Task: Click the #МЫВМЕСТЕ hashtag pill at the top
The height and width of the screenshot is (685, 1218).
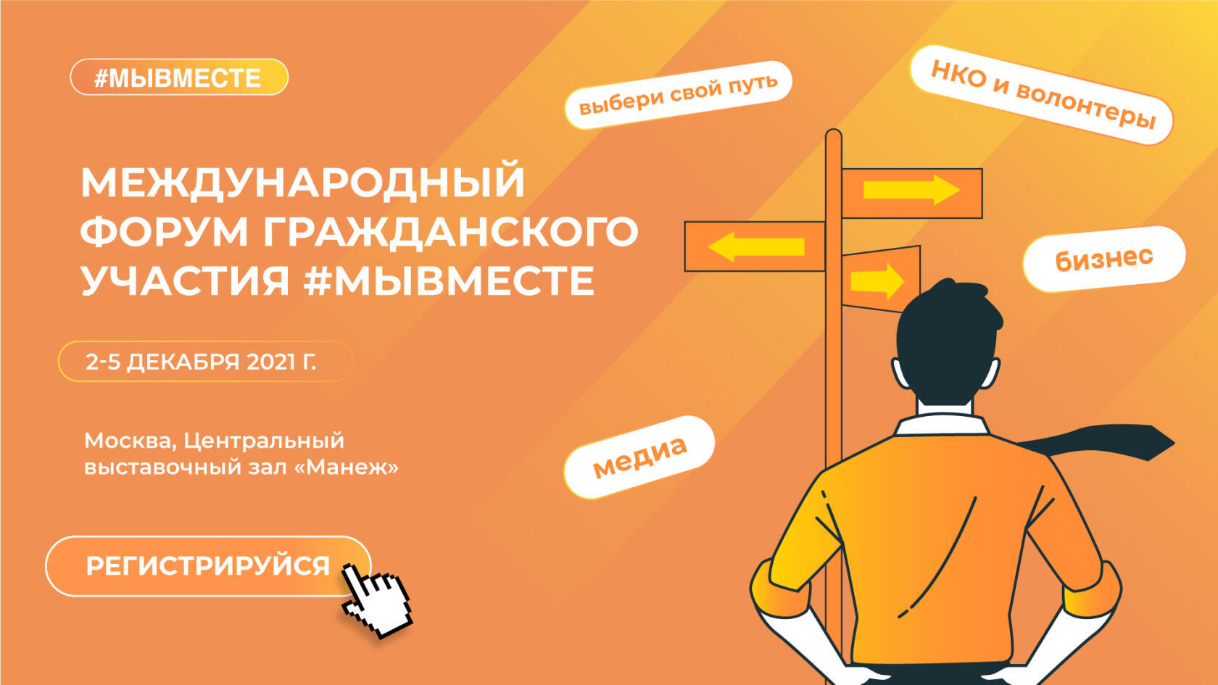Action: click(178, 77)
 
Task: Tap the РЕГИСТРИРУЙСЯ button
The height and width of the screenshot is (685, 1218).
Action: click(207, 566)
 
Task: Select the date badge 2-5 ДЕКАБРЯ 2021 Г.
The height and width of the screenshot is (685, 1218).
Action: click(204, 361)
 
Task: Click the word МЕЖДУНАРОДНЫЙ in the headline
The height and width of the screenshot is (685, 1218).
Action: click(303, 182)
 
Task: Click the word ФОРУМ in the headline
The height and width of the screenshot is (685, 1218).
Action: click(164, 232)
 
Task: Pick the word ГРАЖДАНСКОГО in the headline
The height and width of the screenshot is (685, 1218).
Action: click(450, 232)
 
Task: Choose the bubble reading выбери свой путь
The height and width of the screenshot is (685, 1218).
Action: click(678, 94)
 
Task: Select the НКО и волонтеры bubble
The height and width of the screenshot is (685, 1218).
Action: click(1042, 95)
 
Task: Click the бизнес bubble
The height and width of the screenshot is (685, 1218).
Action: click(1103, 259)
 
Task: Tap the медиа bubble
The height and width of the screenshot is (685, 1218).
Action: click(639, 457)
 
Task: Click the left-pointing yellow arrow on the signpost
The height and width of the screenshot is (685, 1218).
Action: click(755, 246)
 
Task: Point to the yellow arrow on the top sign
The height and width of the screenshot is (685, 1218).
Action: click(911, 190)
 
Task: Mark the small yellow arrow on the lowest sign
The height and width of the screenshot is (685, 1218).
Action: click(877, 281)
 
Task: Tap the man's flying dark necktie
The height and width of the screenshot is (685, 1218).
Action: click(1102, 441)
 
